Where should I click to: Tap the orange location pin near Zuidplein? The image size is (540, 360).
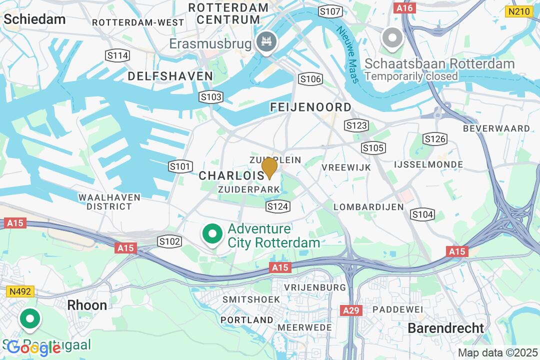coord(269,167)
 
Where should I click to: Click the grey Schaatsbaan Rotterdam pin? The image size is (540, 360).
coord(392,38)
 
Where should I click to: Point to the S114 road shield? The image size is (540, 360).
coord(117,55)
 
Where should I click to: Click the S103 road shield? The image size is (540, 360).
coord(210,97)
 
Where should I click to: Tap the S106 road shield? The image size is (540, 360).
coord(310,79)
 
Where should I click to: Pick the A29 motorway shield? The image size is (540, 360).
coord(351,310)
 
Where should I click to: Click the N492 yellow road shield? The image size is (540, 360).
coord(18,291)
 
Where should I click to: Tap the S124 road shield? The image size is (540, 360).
coord(278,206)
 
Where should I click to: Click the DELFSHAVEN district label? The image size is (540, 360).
coord(170,76)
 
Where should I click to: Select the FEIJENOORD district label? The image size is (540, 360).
coord(310,107)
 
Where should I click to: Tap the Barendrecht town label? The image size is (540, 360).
coord(446,328)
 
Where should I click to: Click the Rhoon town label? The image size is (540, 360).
coord(87,305)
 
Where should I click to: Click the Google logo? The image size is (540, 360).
coord(34,347)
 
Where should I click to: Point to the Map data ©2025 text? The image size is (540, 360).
coord(497,352)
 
